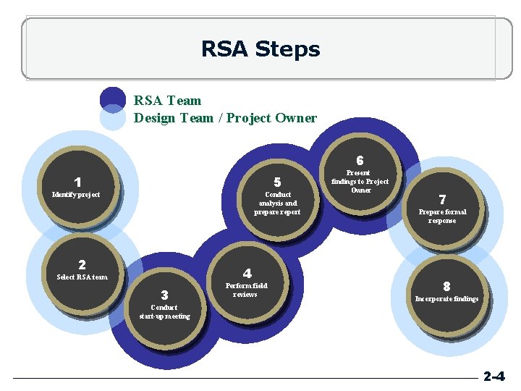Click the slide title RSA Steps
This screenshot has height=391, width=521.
pyautogui.click(x=260, y=49)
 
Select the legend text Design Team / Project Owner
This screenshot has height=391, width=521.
pyautogui.click(x=225, y=117)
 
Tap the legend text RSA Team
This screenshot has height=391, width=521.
pyautogui.click(x=167, y=100)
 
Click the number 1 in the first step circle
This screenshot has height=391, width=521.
pyautogui.click(x=77, y=182)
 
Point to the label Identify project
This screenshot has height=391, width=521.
pyautogui.click(x=76, y=194)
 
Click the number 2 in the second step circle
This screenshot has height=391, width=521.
pyautogui.click(x=82, y=265)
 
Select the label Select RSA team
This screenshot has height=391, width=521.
pyautogui.click(x=82, y=277)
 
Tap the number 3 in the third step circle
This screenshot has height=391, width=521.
pyautogui.click(x=164, y=295)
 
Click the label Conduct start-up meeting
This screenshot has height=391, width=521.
pyautogui.click(x=164, y=312)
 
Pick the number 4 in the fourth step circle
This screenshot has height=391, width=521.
pyautogui.click(x=247, y=273)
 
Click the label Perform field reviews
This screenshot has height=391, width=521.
pyautogui.click(x=245, y=290)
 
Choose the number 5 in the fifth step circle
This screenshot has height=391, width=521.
pyautogui.click(x=277, y=182)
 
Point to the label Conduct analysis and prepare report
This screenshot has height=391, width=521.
pyautogui.click(x=277, y=203)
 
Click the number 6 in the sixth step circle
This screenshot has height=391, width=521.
pyautogui.click(x=360, y=160)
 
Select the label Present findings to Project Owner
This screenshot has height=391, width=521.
pyautogui.click(x=360, y=182)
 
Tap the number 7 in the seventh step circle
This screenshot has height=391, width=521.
pyautogui.click(x=442, y=199)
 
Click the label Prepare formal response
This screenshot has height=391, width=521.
pyautogui.click(x=442, y=216)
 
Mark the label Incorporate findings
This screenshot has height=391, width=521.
pyautogui.click(x=446, y=298)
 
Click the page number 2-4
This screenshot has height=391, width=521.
pyautogui.click(x=494, y=377)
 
